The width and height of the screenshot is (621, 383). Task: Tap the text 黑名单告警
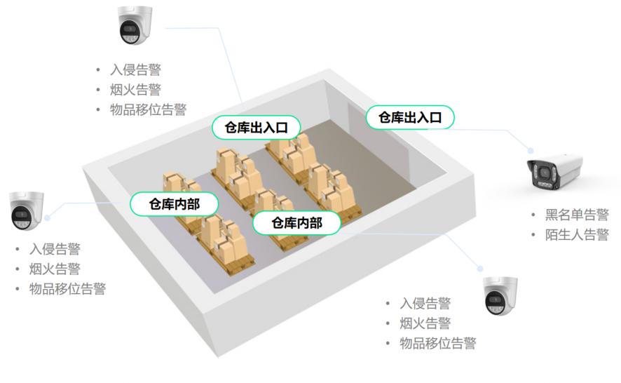point(577,215)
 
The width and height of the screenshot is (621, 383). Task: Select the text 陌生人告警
point(577,234)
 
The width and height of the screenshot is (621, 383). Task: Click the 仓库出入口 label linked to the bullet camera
point(410,117)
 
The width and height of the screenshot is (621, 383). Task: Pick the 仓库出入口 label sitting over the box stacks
point(257,127)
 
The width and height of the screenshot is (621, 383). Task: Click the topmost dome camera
point(135,26)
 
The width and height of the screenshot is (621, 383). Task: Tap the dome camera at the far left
point(27,210)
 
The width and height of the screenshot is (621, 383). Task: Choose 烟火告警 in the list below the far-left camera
point(55,269)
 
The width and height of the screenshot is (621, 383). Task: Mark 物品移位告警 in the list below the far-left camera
point(67,288)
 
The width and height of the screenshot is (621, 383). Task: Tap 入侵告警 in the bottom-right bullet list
point(425,303)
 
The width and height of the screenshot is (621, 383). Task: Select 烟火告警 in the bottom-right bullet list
point(425,323)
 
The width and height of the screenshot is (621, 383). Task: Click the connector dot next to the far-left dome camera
point(48,217)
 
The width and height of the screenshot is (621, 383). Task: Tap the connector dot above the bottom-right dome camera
point(480,268)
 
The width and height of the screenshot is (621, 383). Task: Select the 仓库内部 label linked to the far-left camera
point(174,204)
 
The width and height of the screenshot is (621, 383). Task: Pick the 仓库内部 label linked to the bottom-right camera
point(296,223)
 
